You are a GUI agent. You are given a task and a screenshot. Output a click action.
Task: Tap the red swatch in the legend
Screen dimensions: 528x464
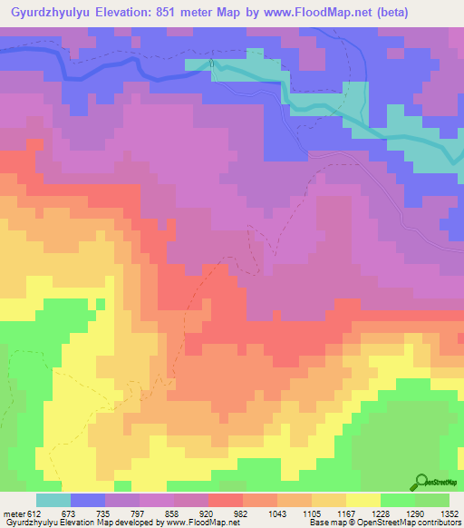225,500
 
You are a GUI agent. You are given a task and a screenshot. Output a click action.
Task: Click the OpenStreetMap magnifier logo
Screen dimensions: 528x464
421,483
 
